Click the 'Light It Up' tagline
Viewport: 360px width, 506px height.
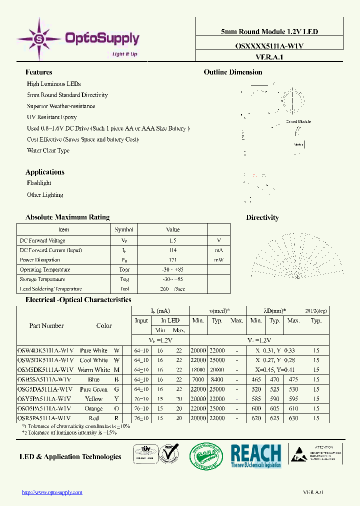click(124, 54)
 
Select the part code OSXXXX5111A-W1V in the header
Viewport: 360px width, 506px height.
click(269, 45)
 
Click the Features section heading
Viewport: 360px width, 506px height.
click(39, 72)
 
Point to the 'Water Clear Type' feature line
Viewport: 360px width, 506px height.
click(48, 150)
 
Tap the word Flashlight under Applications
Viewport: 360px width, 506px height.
click(39, 183)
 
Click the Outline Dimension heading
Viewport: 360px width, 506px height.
click(233, 72)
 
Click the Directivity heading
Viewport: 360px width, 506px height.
click(262, 217)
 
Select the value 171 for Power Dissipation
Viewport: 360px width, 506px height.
click(172, 260)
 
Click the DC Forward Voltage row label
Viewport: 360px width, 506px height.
click(42, 240)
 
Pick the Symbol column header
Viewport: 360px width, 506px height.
click(124, 230)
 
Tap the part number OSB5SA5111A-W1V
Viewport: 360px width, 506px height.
click(45, 379)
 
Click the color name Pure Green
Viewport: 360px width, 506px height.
click(93, 389)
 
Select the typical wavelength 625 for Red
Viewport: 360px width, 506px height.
click(274, 418)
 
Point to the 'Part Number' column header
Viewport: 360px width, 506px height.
click(46, 325)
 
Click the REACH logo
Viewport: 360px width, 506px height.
click(255, 455)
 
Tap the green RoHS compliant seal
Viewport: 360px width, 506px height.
click(205, 456)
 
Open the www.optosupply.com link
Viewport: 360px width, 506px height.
click(52, 492)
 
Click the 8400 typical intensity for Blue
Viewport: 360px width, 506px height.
click(217, 379)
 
